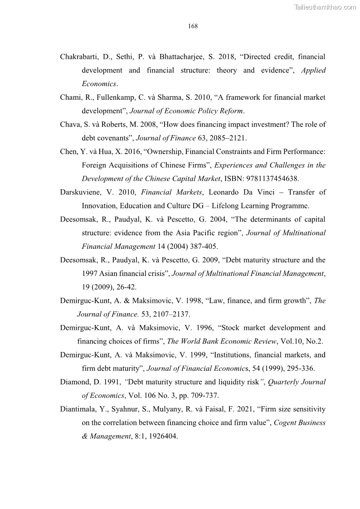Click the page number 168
pos(193,26)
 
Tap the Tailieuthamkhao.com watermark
pos(325,7)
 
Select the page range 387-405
pos(204,247)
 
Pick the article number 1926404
pos(162,436)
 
